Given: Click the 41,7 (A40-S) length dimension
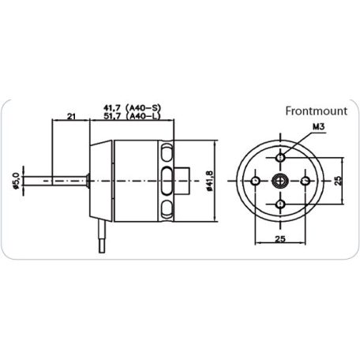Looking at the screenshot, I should pos(134,107).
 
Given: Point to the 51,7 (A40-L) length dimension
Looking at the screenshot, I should pos(134,117).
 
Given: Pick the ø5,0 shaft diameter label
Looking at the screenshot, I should pos(16,180).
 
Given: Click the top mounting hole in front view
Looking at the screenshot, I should pos(281,154).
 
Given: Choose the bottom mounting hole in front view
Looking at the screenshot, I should pos(281,205).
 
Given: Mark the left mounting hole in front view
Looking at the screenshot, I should pos(255,180).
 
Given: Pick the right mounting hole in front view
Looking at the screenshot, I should pos(307,180).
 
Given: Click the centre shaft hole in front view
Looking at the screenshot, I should pos(281,180).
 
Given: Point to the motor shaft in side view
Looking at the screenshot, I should pos(55,180).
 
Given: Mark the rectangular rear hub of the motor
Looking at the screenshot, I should pos(183,180).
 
